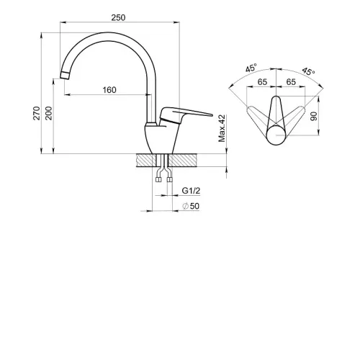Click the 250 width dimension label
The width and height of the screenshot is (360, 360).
click(118, 17)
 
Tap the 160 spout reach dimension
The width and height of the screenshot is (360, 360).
click(109, 90)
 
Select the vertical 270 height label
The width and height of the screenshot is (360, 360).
click(37, 113)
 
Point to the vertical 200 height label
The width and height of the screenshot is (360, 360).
click(48, 113)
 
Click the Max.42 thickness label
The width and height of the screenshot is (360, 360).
click(222, 128)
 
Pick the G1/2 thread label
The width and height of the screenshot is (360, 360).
click(191, 191)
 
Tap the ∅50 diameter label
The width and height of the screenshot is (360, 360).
click(191, 206)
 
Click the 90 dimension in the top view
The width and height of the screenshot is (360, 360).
click(314, 116)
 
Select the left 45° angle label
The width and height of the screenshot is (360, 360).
click(251, 68)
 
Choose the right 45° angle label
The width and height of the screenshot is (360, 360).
click(308, 71)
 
